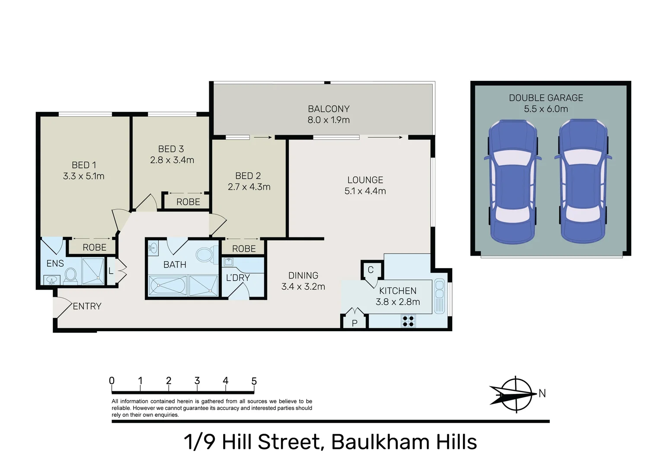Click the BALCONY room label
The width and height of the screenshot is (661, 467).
[329, 109]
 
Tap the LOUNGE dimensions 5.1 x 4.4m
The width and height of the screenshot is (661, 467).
[365, 191]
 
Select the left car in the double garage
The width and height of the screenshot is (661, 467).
[512, 182]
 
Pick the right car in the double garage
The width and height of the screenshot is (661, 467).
[583, 182]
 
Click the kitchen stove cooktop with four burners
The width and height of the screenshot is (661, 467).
[408, 321]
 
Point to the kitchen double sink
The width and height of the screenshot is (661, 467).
[440, 296]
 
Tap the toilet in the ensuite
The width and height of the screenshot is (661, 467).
[70, 275]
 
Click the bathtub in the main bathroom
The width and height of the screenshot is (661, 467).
[168, 285]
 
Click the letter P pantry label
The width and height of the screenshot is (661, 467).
[354, 323]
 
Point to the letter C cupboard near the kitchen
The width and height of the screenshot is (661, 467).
[370, 270]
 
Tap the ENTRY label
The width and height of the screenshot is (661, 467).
[87, 306]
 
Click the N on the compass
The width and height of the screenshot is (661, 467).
[542, 393]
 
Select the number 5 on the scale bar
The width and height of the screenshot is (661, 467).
[254, 381]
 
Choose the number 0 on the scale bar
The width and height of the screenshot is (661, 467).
[112, 381]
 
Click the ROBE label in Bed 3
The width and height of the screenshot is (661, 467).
[188, 202]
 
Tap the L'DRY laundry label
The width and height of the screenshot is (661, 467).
[238, 278]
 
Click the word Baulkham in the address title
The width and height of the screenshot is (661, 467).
[380, 442]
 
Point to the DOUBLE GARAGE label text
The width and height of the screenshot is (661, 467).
[546, 98]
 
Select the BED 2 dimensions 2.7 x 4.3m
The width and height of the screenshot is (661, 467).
[249, 187]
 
